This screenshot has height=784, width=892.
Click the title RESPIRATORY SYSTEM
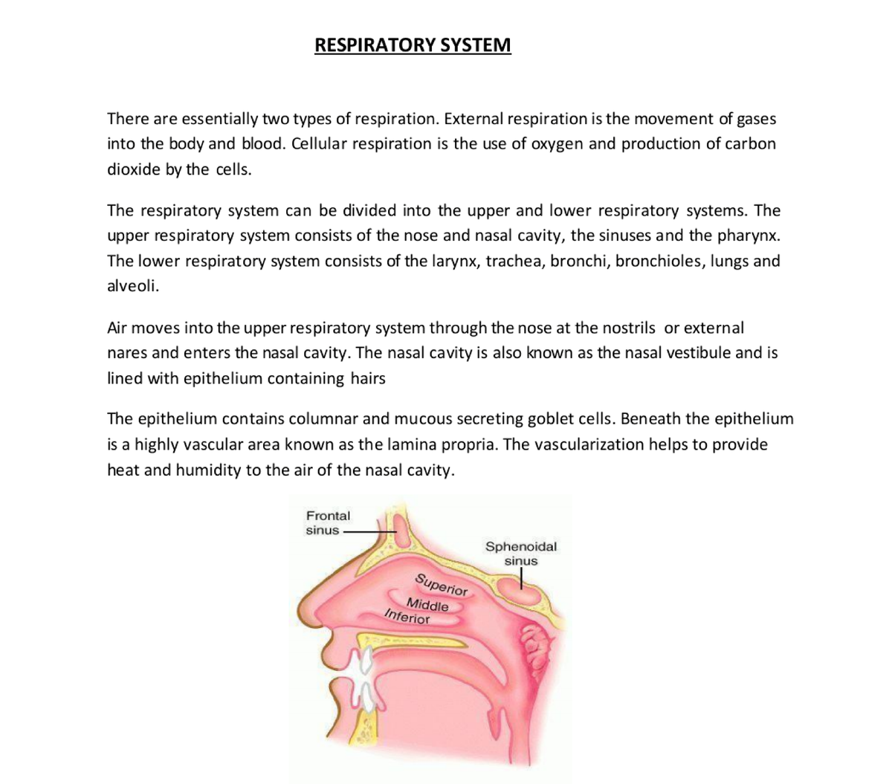pyautogui.click(x=413, y=45)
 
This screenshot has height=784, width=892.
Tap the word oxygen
pyautogui.click(x=557, y=143)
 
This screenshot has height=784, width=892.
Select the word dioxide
pyautogui.click(x=133, y=169)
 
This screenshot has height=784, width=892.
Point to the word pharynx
pyautogui.click(x=749, y=236)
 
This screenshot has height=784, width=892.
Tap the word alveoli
pyautogui.click(x=132, y=286)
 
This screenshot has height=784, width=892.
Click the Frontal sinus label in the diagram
pyautogui.click(x=327, y=522)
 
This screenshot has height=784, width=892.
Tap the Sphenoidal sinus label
pyautogui.click(x=520, y=553)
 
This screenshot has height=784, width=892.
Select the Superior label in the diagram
pyautogui.click(x=442, y=585)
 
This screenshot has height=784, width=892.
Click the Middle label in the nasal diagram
pyautogui.click(x=427, y=605)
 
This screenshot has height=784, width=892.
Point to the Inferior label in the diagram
pyautogui.click(x=407, y=616)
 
